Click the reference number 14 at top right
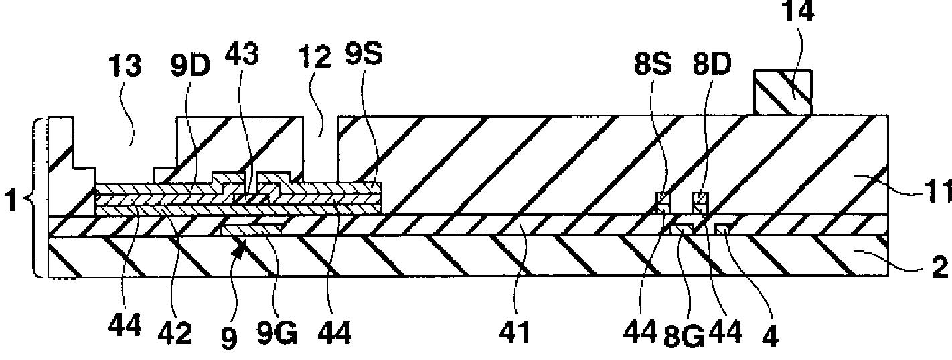tap(798, 11)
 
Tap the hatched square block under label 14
tap(783, 92)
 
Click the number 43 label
tap(242, 54)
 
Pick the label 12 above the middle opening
tap(315, 58)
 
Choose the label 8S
tap(653, 65)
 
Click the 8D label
tap(712, 65)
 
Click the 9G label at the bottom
tap(276, 332)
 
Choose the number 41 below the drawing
tap(515, 332)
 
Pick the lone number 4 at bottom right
tap(771, 336)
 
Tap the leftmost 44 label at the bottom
tap(125, 327)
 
